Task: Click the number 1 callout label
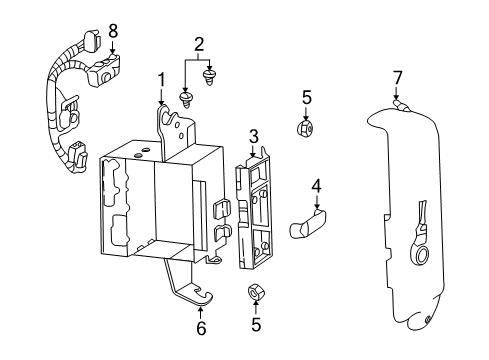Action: click(159, 79)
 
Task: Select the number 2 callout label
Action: click(199, 44)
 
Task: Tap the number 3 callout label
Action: click(254, 137)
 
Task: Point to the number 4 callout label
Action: click(315, 186)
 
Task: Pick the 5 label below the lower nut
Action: click(254, 325)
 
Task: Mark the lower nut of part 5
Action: click(254, 293)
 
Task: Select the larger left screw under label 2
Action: click(185, 97)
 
